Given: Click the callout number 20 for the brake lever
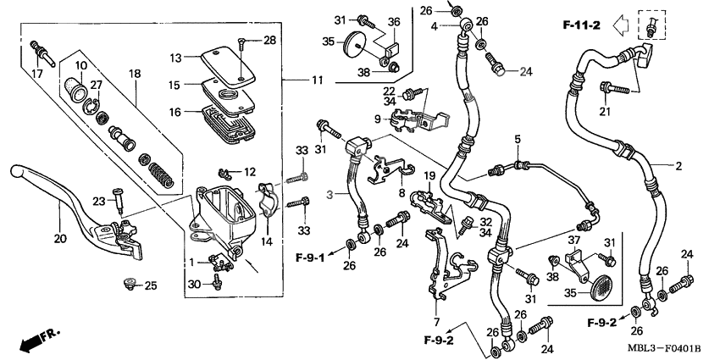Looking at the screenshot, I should pos(59,240).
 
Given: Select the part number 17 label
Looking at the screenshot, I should pos(36,75).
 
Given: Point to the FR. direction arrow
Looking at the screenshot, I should pos(38,340).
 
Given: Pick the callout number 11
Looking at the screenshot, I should pos(316,80).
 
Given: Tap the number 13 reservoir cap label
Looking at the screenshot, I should pos(175,58).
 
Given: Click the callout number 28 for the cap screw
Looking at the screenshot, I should pos(269,40).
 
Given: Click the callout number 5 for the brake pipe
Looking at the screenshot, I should pos(515,139).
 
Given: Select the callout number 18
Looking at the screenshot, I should pos(133,75).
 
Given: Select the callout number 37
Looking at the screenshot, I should pos(574,240).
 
